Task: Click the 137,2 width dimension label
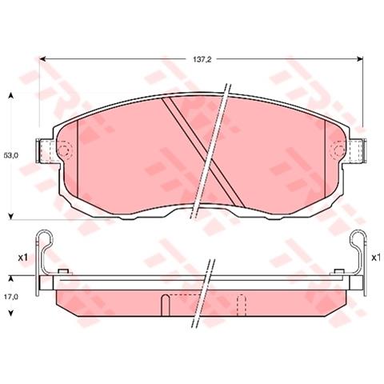(x=202, y=60)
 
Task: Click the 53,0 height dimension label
(x=11, y=155)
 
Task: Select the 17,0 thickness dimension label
(x=11, y=296)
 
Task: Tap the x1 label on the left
(x=23, y=258)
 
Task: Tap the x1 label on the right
(x=376, y=258)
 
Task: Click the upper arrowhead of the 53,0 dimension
(x=11, y=96)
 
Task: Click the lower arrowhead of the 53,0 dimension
(x=11, y=216)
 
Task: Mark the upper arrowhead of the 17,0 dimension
(x=11, y=279)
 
